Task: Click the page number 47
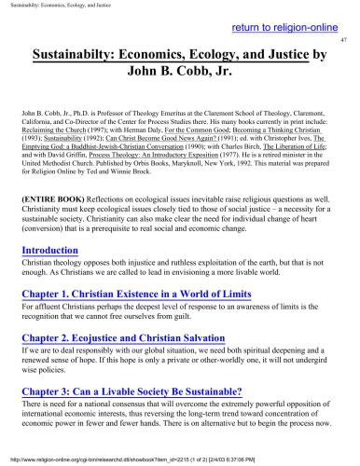click(344, 40)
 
